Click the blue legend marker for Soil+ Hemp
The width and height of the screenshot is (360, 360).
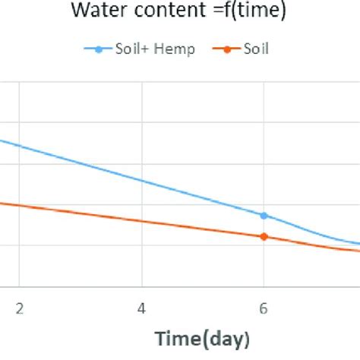pos(99,50)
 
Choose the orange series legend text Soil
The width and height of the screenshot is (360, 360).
pos(256,49)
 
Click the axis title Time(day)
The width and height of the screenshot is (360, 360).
pos(202,338)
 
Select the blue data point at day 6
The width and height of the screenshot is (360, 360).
pos(264,216)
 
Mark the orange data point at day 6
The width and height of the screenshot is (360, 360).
pos(264,236)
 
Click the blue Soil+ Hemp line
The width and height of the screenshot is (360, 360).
pos(142,180)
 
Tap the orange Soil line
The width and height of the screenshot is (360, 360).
pos(142,220)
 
